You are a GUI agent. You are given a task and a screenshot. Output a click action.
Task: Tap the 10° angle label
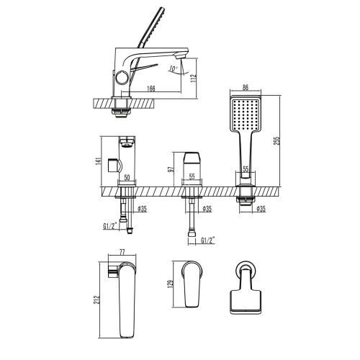(x=173, y=69)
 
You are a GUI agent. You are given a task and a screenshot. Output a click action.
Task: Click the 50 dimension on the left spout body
(x=127, y=175)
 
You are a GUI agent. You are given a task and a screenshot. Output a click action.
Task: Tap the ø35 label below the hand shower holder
(x=260, y=210)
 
